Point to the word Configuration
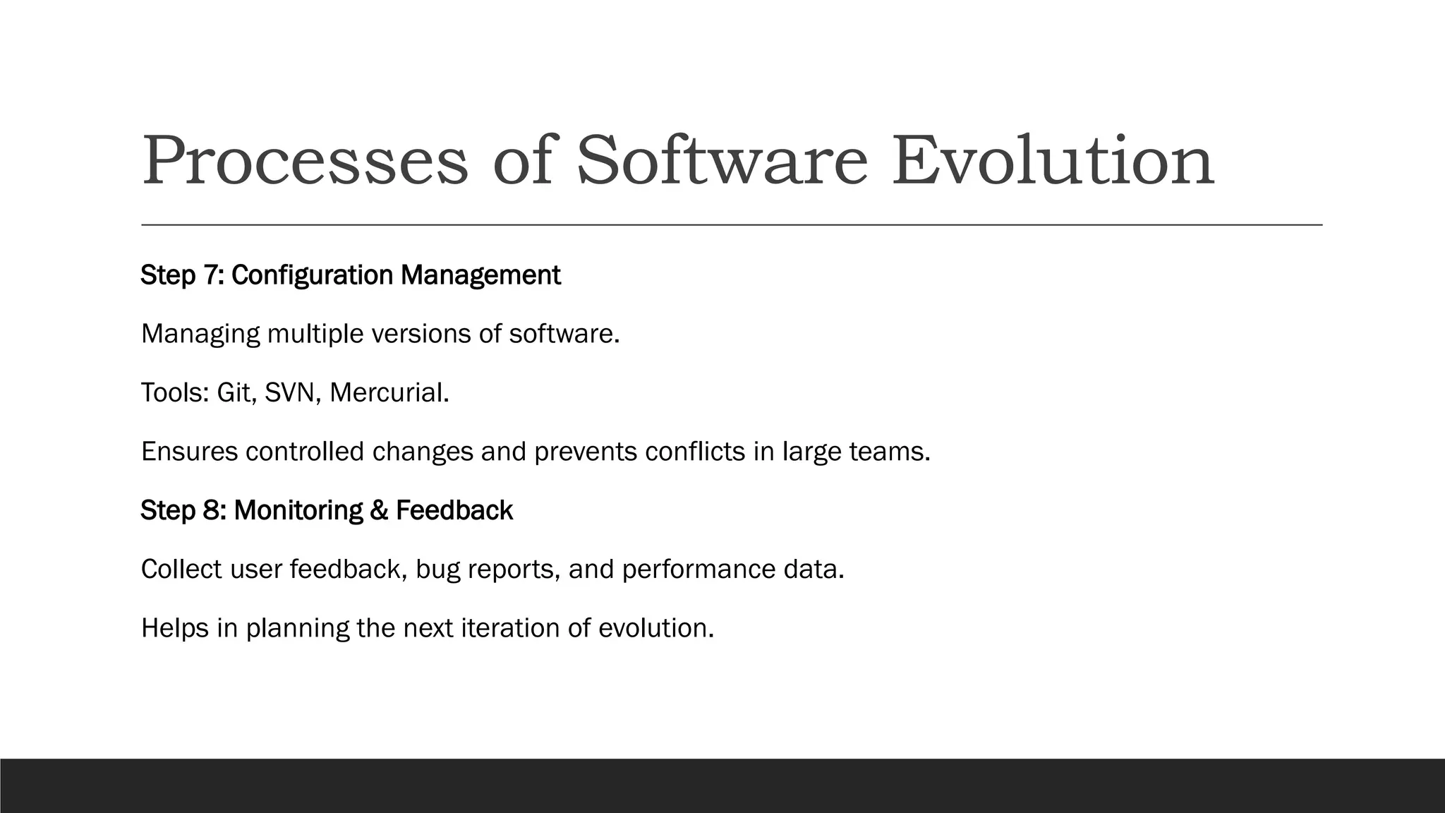click(x=313, y=275)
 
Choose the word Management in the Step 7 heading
click(x=480, y=275)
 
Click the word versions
click(x=421, y=334)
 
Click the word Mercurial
click(x=388, y=392)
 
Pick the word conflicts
click(x=694, y=452)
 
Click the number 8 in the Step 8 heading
click(x=214, y=510)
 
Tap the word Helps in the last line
click(x=175, y=628)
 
